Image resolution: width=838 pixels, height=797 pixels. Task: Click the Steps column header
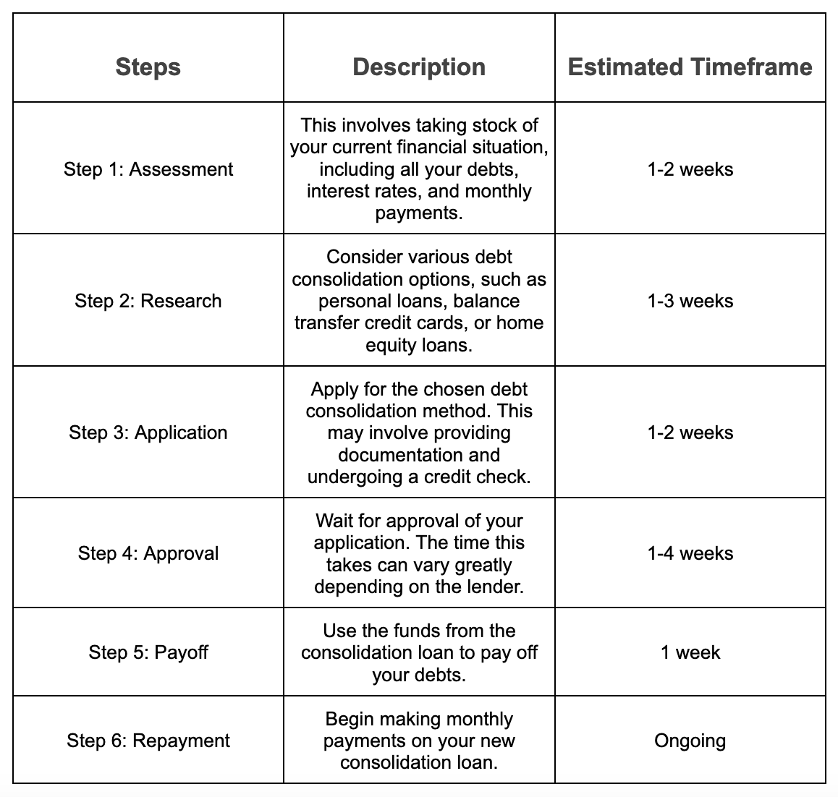(148, 67)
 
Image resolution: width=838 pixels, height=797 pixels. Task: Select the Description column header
(419, 67)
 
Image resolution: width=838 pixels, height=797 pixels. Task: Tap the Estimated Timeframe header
(690, 67)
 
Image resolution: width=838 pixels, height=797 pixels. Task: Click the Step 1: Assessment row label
(148, 169)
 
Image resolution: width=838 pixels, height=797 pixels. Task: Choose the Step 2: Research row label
(148, 301)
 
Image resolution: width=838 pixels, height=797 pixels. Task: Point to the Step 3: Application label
(148, 432)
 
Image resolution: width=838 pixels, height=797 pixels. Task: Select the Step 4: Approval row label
(148, 553)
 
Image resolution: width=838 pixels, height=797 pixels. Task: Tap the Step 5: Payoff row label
(148, 652)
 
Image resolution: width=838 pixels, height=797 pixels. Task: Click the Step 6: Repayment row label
(148, 741)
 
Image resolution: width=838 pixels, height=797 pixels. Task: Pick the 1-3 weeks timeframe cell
(690, 301)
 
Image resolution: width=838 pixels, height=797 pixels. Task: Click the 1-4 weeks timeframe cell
(690, 553)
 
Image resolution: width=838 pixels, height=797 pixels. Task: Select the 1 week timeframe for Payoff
(690, 652)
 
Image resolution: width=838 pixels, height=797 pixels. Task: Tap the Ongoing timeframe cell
(690, 741)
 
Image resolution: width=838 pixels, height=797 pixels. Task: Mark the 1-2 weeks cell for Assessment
(690, 169)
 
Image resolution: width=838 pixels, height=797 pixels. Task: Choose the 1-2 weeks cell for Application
(690, 432)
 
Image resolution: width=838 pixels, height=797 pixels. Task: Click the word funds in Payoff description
(397, 631)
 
